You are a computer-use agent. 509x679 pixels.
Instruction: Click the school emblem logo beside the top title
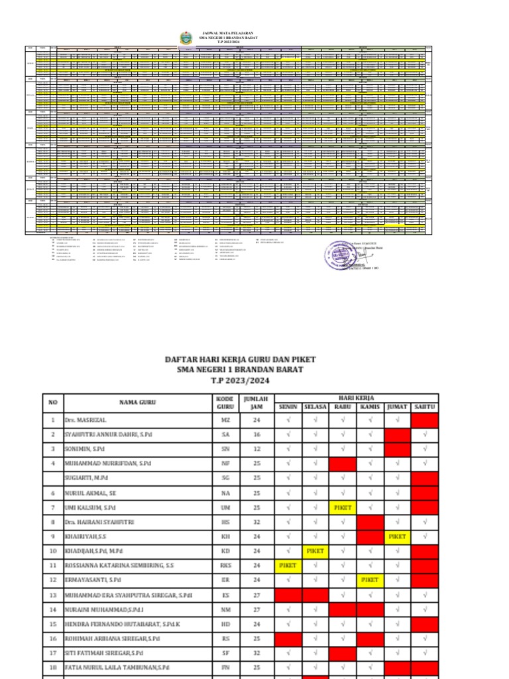(185, 38)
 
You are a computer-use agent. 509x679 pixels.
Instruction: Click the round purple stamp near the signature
(341, 255)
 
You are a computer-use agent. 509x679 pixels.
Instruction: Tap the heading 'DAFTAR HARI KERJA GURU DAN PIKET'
(240, 359)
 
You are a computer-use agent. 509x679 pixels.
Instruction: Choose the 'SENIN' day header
(288, 406)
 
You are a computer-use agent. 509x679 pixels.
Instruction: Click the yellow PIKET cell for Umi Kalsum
(343, 507)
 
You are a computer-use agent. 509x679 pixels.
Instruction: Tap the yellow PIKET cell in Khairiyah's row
(398, 536)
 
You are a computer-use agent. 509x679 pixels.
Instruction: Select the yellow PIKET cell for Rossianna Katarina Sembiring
(288, 566)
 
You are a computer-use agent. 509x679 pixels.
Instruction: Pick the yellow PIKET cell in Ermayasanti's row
(370, 580)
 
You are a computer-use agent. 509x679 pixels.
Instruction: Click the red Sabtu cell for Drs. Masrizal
(425, 420)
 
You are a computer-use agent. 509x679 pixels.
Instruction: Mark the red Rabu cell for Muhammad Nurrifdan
(343, 463)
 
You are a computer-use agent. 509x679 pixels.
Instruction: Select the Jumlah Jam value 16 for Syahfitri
(251, 434)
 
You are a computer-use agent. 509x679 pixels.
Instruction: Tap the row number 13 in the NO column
(52, 595)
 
